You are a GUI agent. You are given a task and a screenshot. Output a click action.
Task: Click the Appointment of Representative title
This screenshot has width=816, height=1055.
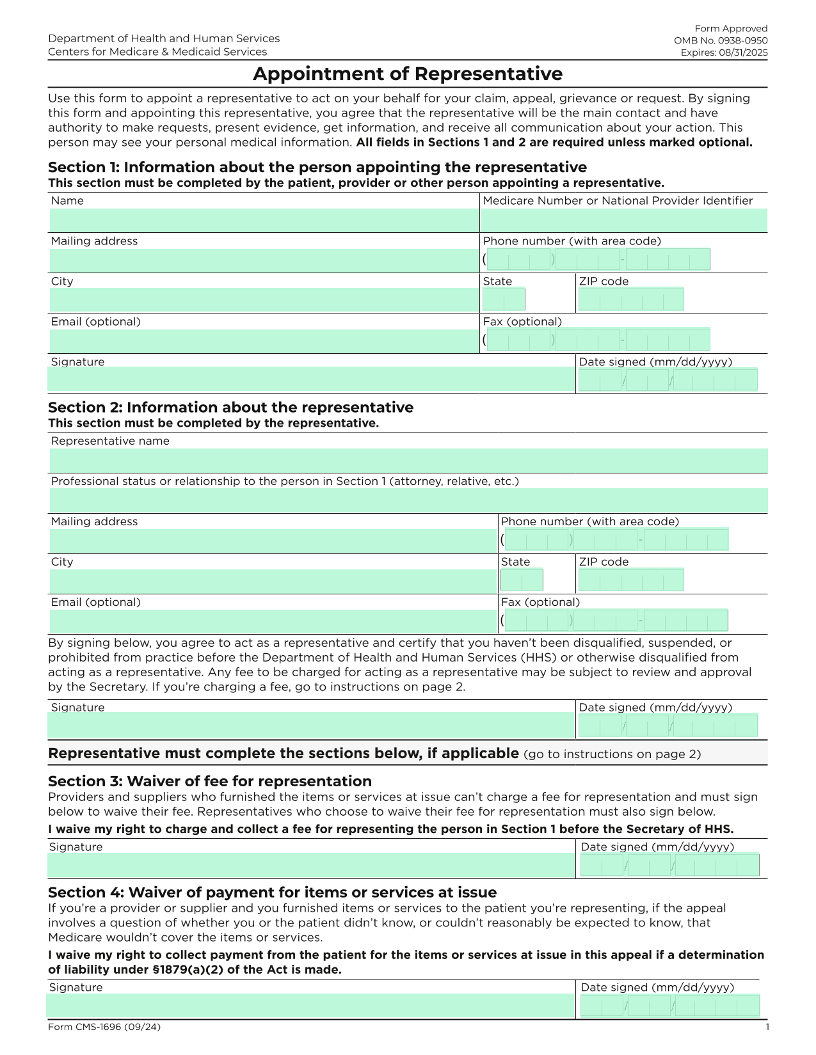408,74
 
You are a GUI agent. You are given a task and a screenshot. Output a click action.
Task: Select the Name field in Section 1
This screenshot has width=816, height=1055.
264,220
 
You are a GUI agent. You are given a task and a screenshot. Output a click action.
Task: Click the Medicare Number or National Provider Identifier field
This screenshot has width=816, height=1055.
623,220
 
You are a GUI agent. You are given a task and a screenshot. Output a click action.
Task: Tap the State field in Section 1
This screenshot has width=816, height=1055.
503,299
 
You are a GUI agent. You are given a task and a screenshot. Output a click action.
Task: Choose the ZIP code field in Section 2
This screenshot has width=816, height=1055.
630,580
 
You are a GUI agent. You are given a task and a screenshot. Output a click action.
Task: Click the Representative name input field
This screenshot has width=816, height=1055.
408,461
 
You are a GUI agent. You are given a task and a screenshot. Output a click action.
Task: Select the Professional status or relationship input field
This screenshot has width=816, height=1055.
408,500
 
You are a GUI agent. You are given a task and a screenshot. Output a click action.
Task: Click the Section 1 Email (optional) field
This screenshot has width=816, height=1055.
264,340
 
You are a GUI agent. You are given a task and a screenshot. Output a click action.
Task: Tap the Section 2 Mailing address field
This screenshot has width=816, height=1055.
273,541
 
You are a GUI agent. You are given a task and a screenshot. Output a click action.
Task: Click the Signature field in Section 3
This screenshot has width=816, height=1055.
311,865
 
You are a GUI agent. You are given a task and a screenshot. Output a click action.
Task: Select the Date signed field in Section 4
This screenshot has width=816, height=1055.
669,1006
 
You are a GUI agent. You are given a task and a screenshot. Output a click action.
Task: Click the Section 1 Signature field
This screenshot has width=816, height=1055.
311,379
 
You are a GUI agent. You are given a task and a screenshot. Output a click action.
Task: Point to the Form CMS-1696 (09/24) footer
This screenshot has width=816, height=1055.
104,1027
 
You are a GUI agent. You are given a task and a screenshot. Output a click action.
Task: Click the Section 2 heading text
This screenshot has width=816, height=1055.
230,408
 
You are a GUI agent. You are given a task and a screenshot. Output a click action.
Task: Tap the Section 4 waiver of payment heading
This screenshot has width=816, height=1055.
272,892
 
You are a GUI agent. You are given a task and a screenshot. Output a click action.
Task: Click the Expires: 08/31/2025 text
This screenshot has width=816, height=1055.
723,52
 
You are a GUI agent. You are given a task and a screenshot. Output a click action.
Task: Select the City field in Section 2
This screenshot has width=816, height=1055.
273,581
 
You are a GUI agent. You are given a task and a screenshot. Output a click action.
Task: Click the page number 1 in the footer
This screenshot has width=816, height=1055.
767,1027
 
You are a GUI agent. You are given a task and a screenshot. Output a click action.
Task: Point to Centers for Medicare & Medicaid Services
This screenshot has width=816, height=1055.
157,52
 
